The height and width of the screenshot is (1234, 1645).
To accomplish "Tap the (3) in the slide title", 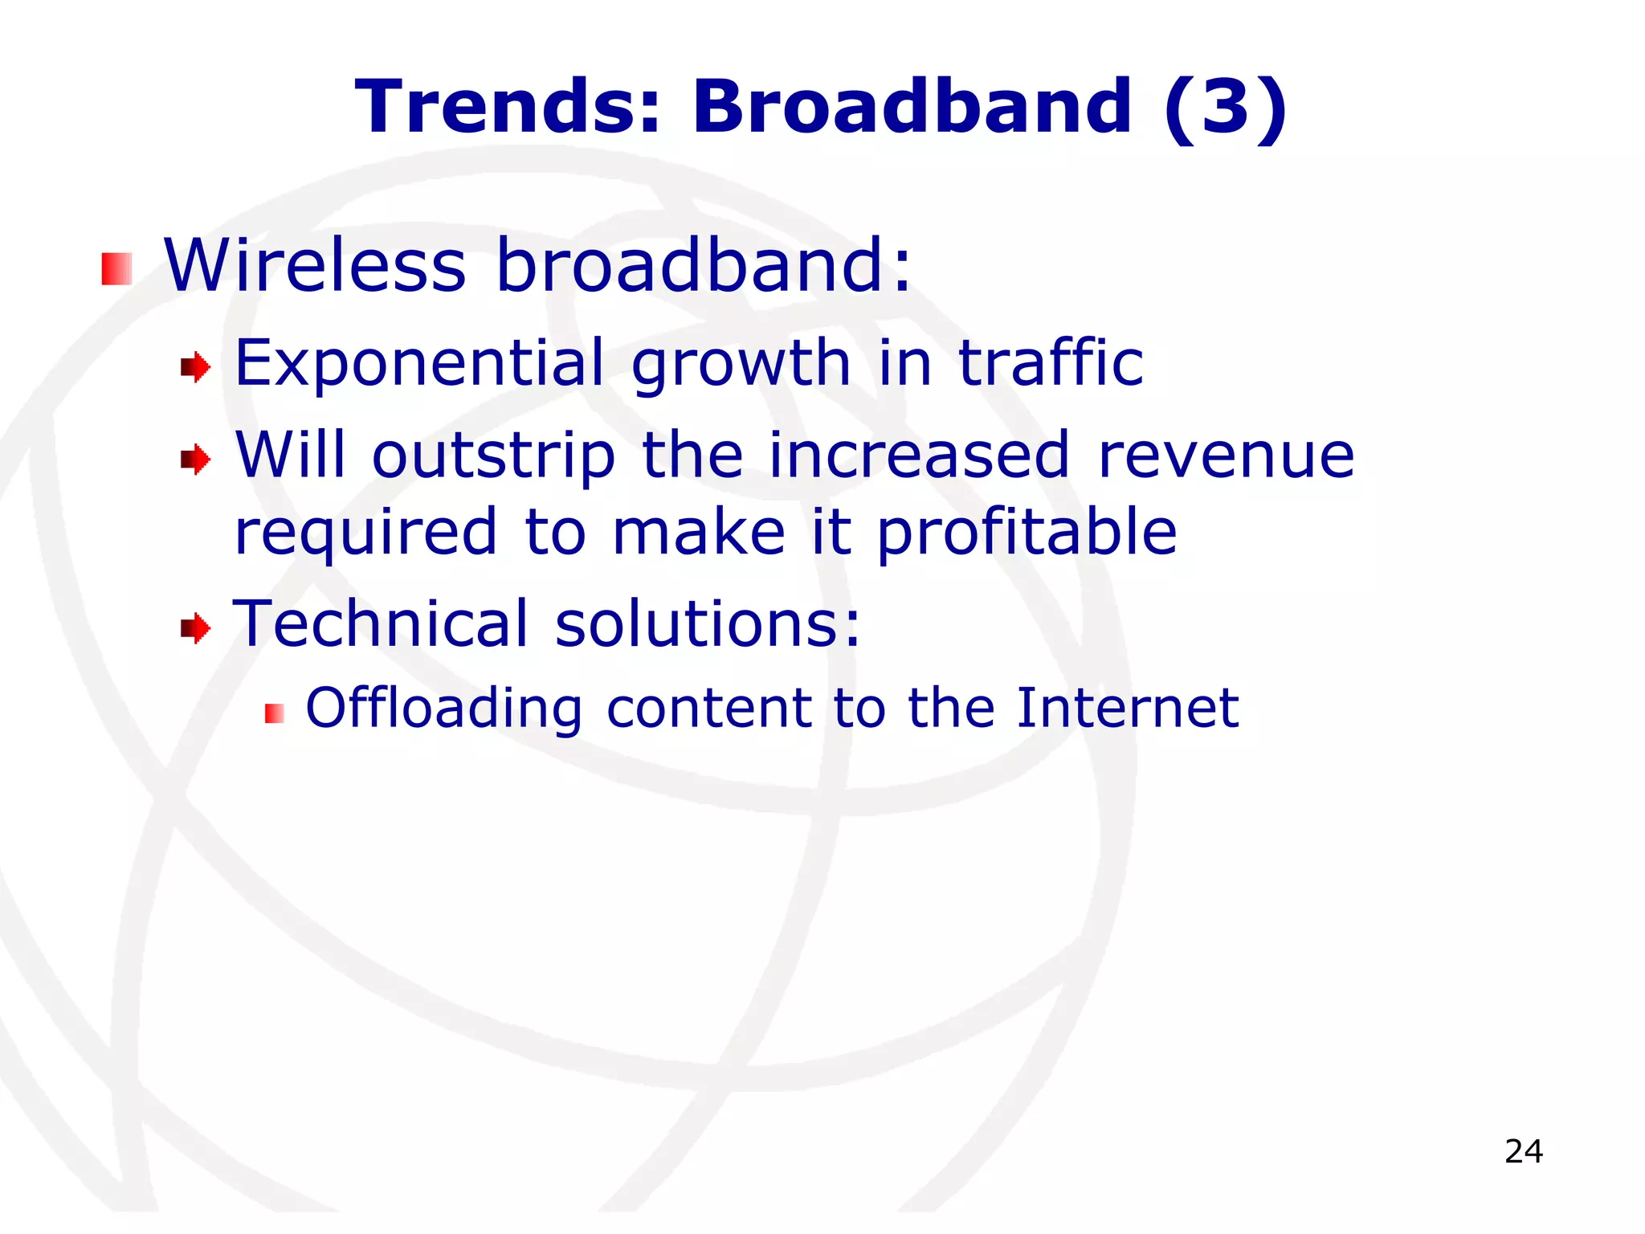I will (x=1225, y=108).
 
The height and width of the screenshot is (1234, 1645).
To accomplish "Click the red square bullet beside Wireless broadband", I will (x=116, y=268).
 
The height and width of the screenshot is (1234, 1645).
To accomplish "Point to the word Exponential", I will (x=418, y=364).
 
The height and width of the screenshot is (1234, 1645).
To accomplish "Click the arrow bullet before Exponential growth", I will (x=195, y=368).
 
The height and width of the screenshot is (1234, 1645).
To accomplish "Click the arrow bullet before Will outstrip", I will (x=195, y=460).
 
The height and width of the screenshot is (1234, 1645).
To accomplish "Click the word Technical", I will (x=382, y=623).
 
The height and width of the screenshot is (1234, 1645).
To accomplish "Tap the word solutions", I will (x=708, y=623).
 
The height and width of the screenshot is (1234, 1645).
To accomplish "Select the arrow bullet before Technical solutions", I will (x=195, y=627).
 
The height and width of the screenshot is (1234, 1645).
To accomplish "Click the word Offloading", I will (x=444, y=709).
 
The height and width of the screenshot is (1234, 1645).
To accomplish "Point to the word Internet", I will (x=1128, y=708).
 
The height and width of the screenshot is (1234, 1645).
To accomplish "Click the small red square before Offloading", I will (x=275, y=713).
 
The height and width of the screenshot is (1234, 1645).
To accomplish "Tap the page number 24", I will (x=1524, y=1151).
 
